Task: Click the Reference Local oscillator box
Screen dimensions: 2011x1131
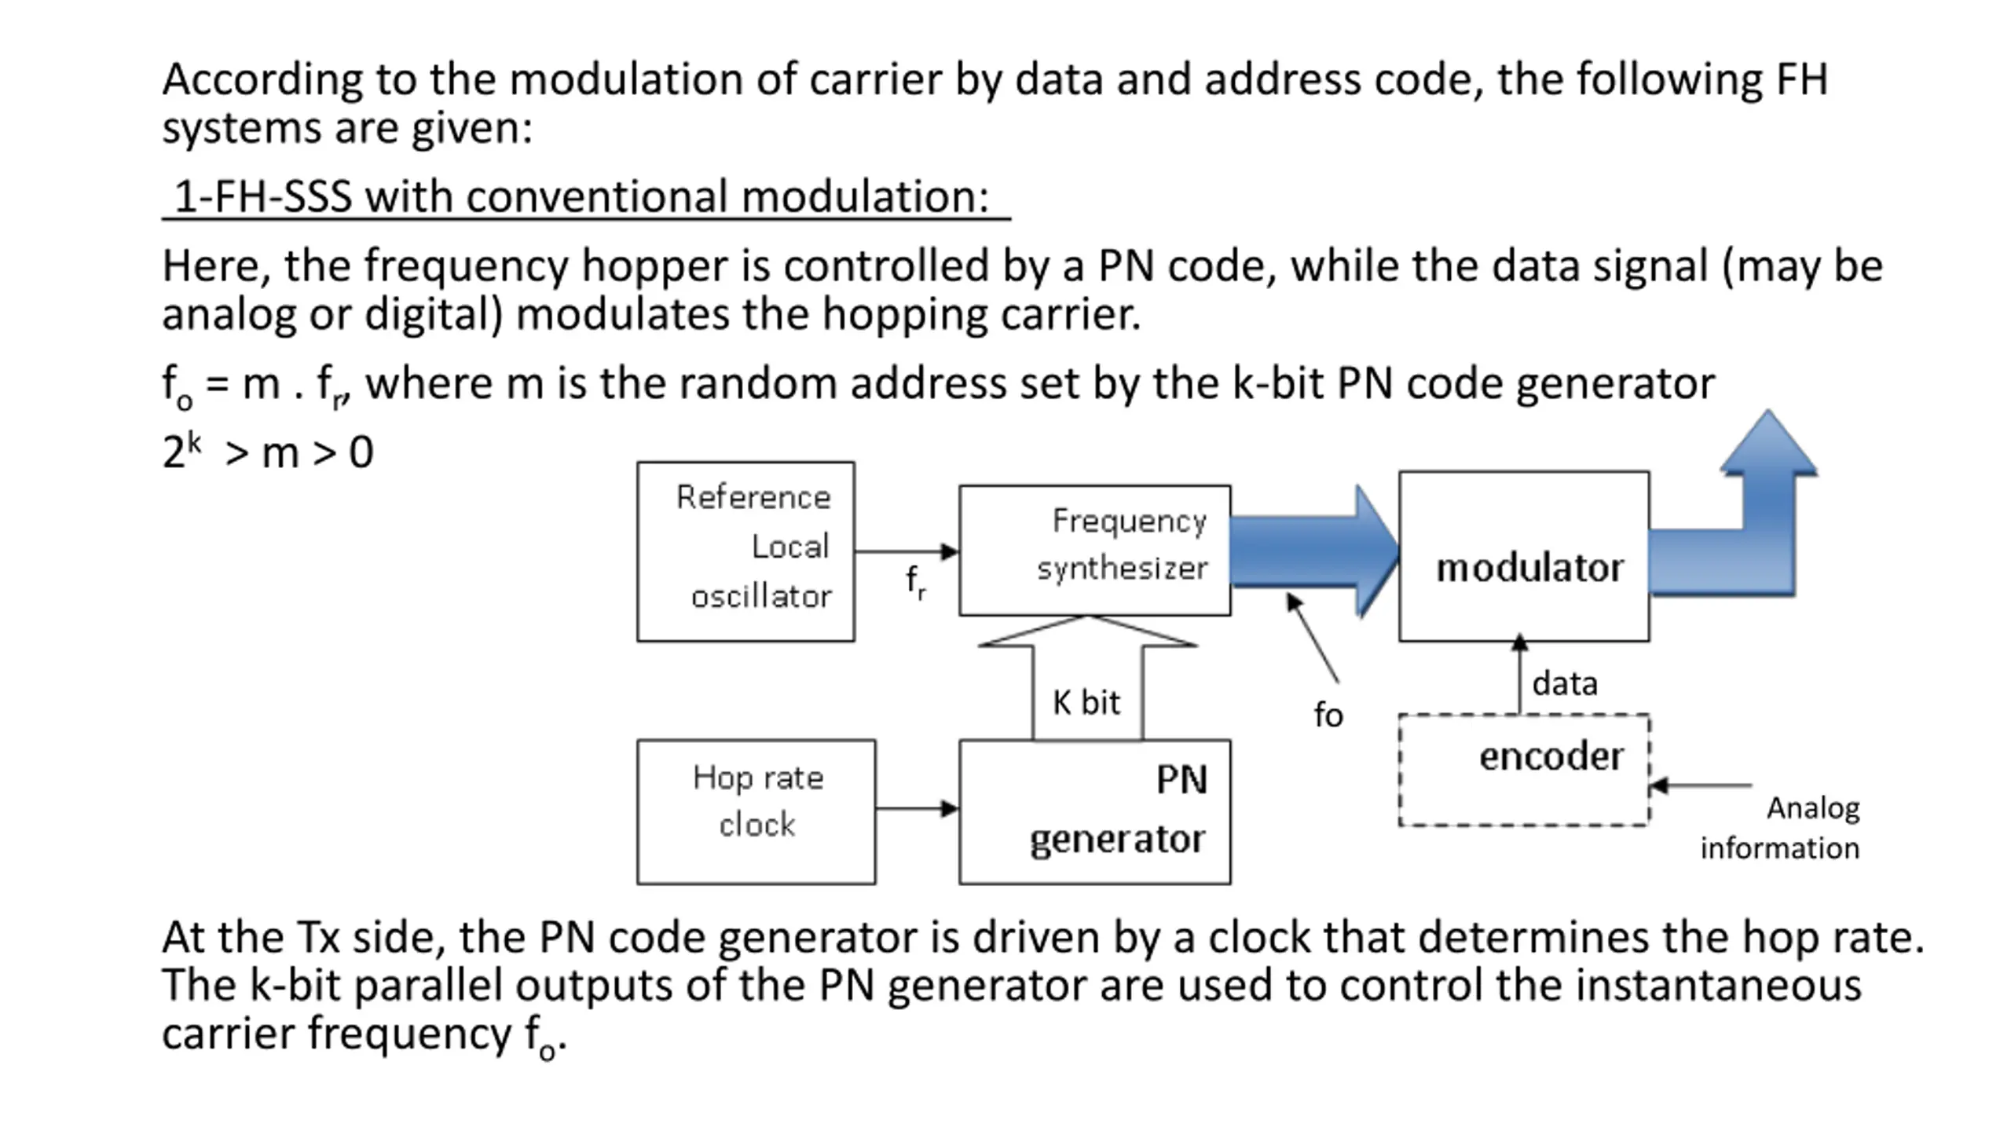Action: tap(745, 551)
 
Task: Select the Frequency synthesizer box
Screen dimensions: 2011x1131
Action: tap(1094, 550)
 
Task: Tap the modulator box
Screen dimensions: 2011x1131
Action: tap(1524, 556)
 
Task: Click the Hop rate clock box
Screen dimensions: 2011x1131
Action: tap(756, 811)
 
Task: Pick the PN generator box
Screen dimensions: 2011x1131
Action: tap(1094, 811)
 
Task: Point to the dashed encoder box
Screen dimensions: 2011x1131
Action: tap(1524, 770)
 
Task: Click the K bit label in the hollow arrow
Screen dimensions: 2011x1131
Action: tap(1086, 702)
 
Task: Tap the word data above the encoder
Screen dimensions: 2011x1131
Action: tap(1565, 683)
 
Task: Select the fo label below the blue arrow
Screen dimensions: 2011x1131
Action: tap(1328, 715)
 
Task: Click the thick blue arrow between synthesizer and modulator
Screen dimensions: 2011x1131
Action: tap(1314, 551)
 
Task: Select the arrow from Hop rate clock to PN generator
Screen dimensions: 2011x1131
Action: tap(917, 808)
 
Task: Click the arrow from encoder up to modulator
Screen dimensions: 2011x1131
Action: tap(1519, 675)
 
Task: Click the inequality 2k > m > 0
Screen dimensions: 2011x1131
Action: tap(267, 452)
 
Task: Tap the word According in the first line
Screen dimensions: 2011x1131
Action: tap(262, 80)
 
